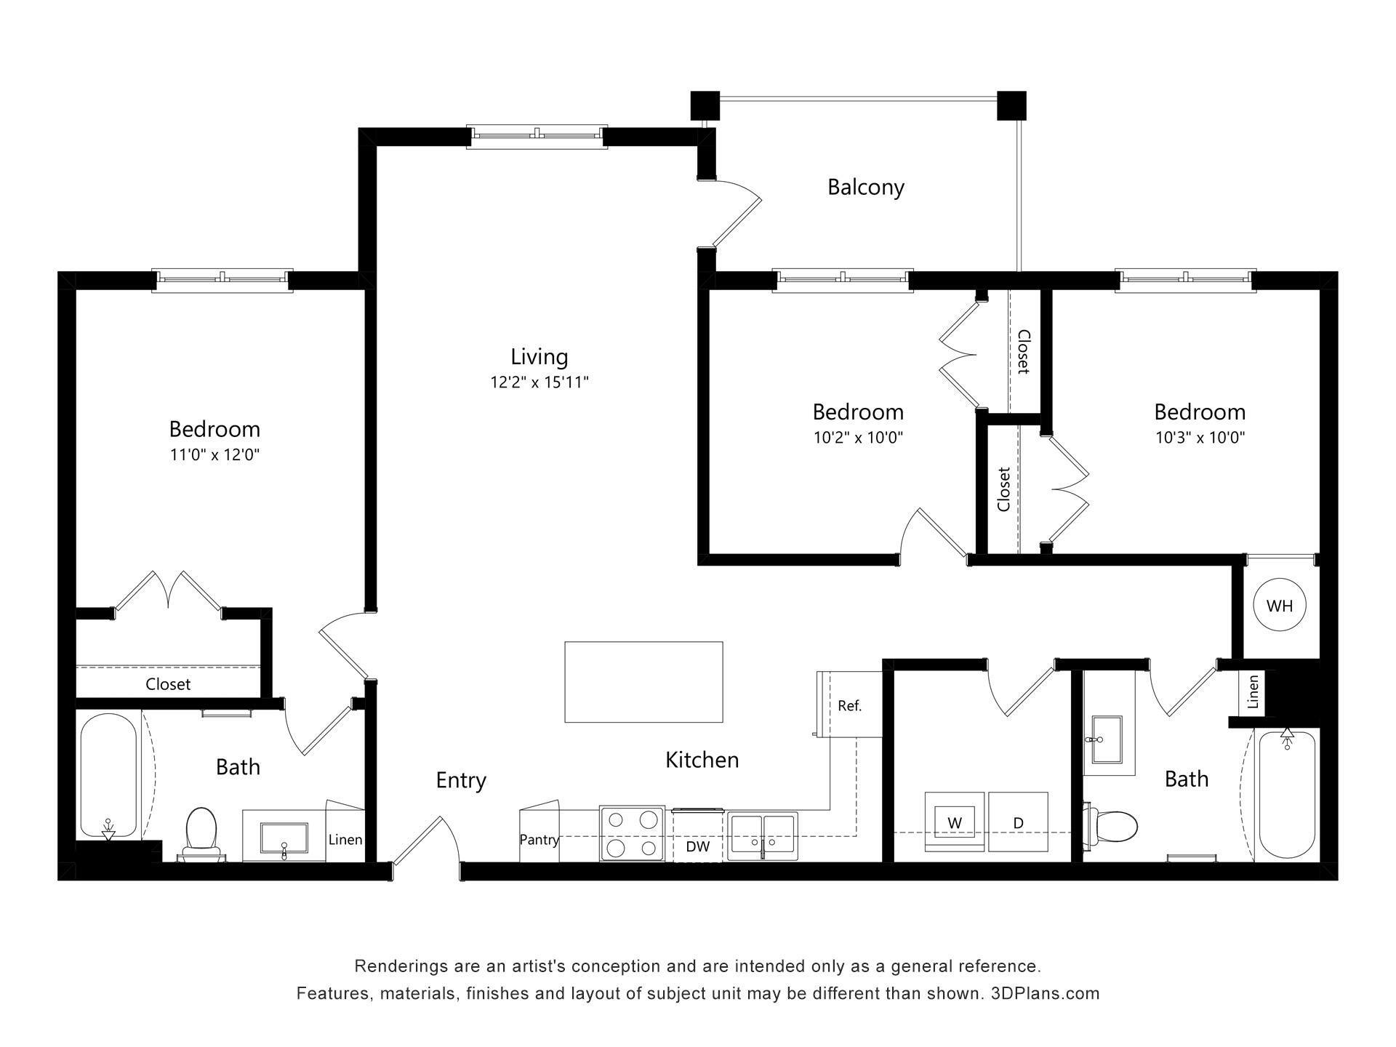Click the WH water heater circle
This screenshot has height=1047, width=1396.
[1280, 605]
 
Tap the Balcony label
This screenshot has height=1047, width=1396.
[865, 188]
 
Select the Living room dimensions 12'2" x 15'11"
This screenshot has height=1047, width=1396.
[539, 382]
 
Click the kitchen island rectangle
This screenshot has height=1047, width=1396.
[643, 682]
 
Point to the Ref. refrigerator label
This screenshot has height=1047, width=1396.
[849, 705]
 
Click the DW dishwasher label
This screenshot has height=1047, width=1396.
[697, 846]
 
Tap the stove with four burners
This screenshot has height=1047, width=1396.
[632, 833]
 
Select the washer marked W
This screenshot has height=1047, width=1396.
[954, 822]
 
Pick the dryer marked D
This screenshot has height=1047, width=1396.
[1018, 822]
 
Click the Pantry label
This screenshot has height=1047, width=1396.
[539, 840]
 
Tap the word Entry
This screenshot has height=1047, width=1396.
[461, 780]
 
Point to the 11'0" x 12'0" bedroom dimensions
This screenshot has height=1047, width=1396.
[214, 455]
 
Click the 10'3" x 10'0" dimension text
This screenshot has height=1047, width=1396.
[1200, 438]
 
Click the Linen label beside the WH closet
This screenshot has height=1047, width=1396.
[1253, 691]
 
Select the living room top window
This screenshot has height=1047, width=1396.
[537, 135]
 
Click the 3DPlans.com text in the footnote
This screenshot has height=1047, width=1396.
[1045, 993]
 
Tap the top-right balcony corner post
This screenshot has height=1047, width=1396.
[1011, 105]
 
